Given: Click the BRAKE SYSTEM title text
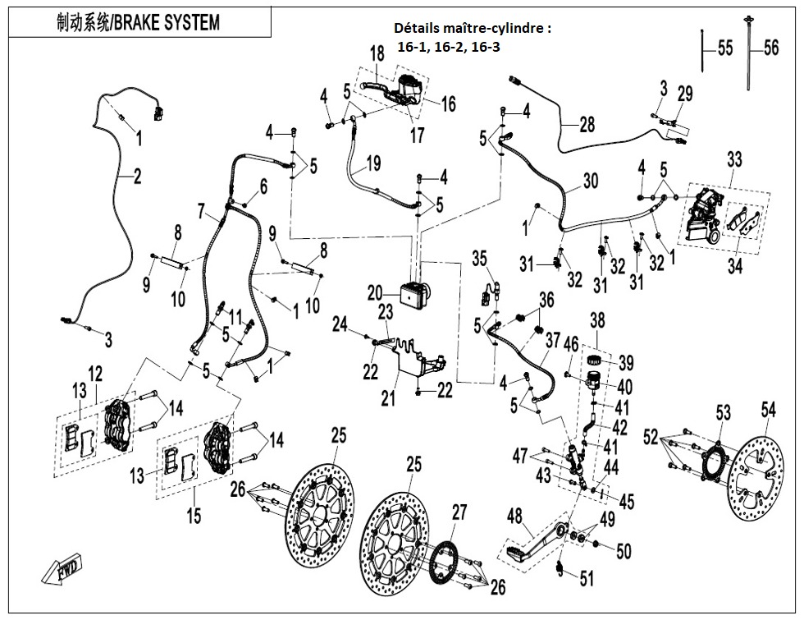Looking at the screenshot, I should coord(139,22).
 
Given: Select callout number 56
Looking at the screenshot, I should coord(770,48).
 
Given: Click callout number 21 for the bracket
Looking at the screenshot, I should coord(387,398).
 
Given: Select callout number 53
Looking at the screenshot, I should coord(722,411).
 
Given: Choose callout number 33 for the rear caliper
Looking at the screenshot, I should coord(733,158).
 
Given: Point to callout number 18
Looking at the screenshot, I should coord(377,54).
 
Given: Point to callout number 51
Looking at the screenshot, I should coord(585,579).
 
